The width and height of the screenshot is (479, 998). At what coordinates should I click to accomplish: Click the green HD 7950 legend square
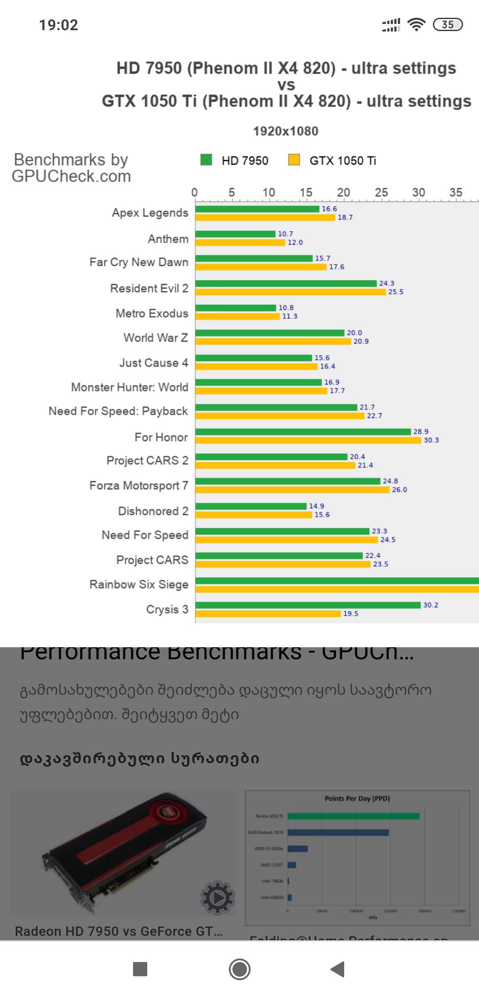(206, 160)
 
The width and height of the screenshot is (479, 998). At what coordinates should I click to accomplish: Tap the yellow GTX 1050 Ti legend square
(294, 160)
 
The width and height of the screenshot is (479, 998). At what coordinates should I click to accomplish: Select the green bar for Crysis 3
(308, 605)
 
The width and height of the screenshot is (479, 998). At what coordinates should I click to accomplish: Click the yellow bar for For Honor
(308, 440)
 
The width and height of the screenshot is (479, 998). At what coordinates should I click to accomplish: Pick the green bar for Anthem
(236, 234)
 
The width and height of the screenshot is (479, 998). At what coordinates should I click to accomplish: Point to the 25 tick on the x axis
(381, 193)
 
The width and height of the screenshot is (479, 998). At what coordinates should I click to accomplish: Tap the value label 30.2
(430, 605)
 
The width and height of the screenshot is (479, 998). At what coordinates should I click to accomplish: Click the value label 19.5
(350, 614)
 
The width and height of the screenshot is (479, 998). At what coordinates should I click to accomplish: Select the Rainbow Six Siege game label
(139, 584)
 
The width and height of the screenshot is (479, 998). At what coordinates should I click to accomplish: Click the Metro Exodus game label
(152, 313)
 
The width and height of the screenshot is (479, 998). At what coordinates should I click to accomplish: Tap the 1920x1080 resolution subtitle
(286, 131)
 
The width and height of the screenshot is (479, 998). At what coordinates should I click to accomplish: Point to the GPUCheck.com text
(71, 177)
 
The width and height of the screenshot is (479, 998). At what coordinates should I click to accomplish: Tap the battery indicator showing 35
(448, 24)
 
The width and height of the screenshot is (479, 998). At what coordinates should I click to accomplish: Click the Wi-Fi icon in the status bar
(416, 24)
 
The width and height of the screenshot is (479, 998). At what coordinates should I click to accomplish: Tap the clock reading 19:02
(59, 25)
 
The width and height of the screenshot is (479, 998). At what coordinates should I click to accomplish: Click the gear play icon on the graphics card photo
(217, 897)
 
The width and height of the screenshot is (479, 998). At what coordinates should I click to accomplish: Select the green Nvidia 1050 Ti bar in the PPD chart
(353, 816)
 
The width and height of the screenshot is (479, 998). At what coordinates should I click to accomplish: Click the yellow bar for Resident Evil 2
(291, 292)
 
